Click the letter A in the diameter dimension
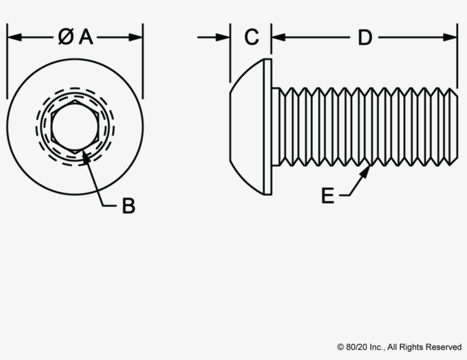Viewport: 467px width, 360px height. pos(86,37)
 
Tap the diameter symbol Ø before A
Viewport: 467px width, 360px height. pos(65,37)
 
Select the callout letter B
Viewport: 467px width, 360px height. pos(129,206)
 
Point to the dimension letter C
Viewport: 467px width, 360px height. pos(251,38)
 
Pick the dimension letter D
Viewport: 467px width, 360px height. pos(364,38)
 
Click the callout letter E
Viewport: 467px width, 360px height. pos(327,195)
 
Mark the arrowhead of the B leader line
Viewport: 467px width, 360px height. pos(85,156)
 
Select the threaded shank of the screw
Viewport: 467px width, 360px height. pos(364,126)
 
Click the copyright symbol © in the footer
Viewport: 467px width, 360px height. pos(341,347)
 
